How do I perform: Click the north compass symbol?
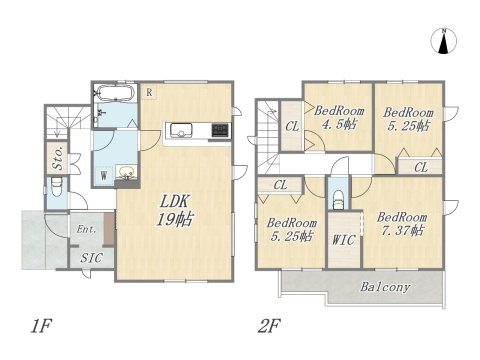coord(443,41)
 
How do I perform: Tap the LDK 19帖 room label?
coord(175,211)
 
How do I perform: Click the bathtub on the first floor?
coord(115,92)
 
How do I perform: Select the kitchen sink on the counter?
coord(181,130)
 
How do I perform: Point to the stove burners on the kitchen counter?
coord(220,130)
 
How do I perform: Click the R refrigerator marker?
coord(149,92)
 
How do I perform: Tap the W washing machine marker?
coord(104,176)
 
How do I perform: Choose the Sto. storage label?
coord(58,158)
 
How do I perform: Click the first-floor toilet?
coord(57,189)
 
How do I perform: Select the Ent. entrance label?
coord(86,229)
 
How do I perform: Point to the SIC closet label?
coord(91,258)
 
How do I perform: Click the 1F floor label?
coord(41,326)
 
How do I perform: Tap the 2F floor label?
coord(269,326)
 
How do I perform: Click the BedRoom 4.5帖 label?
coord(339,117)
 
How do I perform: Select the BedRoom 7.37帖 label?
coord(402,224)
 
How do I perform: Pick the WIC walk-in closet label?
coord(344,240)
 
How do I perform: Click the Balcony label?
coord(385,287)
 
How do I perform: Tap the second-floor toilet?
coord(339,199)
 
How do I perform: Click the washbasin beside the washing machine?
coord(126,172)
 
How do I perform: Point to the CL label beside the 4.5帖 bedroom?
coord(292,127)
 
